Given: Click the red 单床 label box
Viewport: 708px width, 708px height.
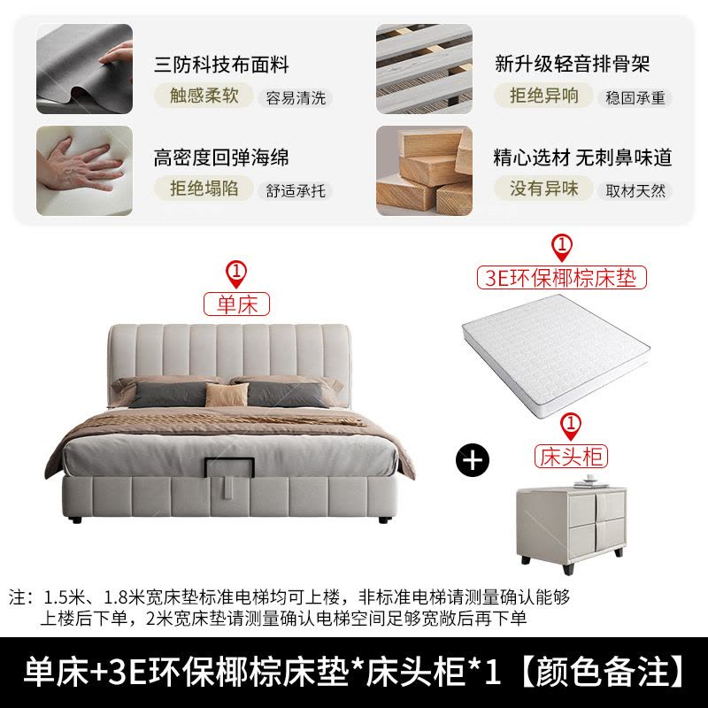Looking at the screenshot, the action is [x=236, y=304].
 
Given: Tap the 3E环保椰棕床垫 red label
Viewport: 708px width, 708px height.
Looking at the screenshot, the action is [x=562, y=278].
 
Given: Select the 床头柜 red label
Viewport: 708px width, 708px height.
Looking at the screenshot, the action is [x=571, y=457].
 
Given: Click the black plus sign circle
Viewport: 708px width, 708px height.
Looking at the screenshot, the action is [x=473, y=460].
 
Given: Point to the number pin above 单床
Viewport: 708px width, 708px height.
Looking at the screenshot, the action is [x=236, y=273].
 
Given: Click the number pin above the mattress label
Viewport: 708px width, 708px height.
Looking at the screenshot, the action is [x=562, y=248].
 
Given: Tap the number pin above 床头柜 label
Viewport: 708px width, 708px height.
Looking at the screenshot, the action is [x=571, y=427].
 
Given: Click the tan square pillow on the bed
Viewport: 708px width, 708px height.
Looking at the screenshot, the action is [x=227, y=395].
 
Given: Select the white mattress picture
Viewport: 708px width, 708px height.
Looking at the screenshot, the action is [x=556, y=355].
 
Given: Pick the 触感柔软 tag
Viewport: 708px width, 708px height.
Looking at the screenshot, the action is [x=204, y=96].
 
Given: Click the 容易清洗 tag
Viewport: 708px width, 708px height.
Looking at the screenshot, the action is [x=296, y=98].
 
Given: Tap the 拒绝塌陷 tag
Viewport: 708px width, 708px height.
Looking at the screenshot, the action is [x=204, y=189].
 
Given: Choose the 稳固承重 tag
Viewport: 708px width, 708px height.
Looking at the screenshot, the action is [x=635, y=98].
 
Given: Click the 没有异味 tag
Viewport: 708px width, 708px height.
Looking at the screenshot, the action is [x=543, y=189].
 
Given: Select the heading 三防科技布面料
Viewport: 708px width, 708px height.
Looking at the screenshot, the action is [x=221, y=64].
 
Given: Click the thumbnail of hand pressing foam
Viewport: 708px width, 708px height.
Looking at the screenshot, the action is [x=84, y=171].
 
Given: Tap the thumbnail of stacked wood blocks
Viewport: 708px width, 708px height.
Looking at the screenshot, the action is [x=425, y=171].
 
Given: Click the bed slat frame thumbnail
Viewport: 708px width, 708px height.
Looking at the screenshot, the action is [x=425, y=69].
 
